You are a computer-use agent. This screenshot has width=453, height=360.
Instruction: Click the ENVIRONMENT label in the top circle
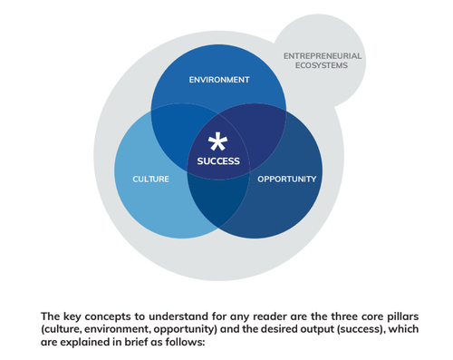[218, 80]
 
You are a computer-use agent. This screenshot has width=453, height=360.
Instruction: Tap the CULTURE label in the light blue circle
[150, 179]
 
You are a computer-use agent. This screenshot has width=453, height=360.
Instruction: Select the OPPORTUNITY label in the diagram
[286, 179]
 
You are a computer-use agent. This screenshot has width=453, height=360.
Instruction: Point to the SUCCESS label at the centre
[218, 161]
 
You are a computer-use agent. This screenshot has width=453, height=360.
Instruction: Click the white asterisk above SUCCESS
[217, 141]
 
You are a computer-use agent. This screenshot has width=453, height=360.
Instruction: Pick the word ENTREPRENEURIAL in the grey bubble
[323, 56]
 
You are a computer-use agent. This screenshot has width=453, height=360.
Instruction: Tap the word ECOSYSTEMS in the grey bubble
[323, 66]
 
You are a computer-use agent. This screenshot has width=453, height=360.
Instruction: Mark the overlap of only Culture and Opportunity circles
[218, 205]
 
